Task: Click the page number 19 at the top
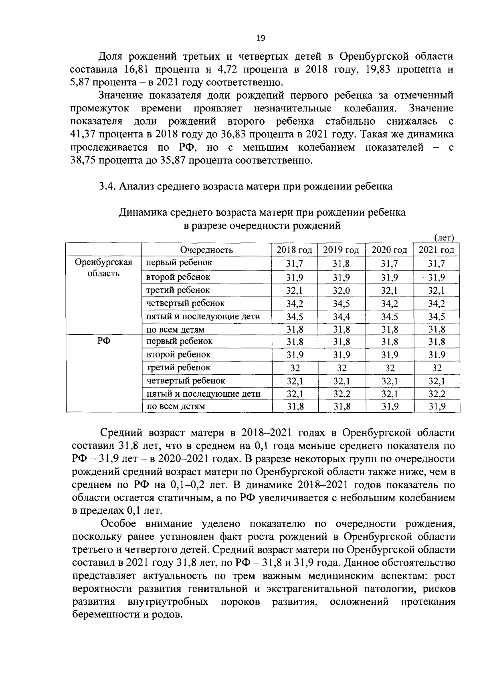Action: pyautogui.click(x=260, y=38)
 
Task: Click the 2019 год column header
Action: pyautogui.click(x=341, y=250)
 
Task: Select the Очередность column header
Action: pyautogui.click(x=206, y=250)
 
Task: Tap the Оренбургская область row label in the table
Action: pyautogui.click(x=103, y=268)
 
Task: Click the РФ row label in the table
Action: pyautogui.click(x=103, y=341)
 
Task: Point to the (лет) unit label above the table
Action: pyautogui.click(x=444, y=238)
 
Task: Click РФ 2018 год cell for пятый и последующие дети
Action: pyautogui.click(x=295, y=394)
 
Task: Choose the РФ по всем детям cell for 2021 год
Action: pyautogui.click(x=437, y=407)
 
